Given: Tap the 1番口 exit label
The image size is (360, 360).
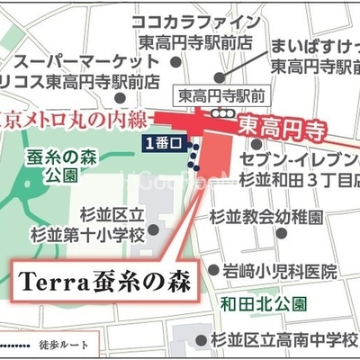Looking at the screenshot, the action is (162, 141).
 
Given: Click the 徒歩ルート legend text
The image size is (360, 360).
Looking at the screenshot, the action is (89, 345).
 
